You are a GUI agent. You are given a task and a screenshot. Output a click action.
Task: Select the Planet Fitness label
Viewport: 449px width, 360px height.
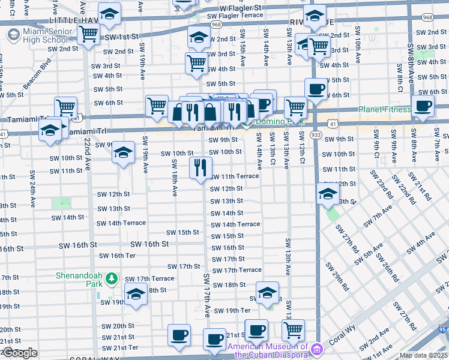384,109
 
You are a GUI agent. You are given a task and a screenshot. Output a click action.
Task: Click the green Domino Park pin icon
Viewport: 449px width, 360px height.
247,122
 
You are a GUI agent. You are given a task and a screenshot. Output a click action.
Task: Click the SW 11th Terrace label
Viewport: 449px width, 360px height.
235,176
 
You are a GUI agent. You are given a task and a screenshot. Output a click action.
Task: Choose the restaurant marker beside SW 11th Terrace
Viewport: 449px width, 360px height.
200,167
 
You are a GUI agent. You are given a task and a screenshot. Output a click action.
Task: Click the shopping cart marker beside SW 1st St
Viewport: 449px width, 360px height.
89,35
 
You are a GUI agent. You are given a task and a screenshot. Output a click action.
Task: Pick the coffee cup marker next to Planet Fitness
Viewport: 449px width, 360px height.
423,106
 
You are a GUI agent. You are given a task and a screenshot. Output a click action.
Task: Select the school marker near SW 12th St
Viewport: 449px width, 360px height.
328,193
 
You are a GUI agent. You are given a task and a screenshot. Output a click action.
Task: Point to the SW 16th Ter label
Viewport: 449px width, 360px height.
117,256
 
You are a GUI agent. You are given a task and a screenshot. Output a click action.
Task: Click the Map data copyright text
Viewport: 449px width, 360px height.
424,355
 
